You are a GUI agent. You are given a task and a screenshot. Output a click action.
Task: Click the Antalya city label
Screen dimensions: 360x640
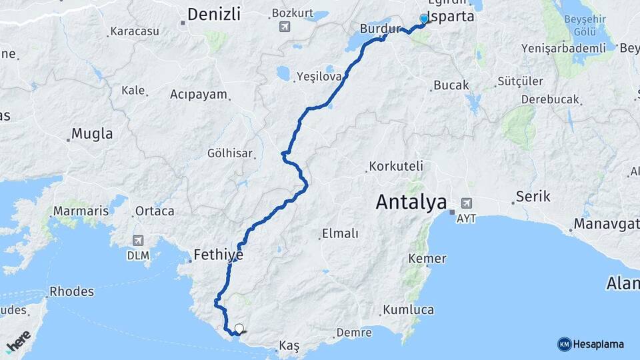pyautogui.click(x=411, y=201)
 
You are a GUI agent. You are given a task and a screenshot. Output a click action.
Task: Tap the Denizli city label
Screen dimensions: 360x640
pyautogui.click(x=213, y=15)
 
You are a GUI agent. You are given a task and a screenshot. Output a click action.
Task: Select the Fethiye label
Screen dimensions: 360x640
pyautogui.click(x=218, y=254)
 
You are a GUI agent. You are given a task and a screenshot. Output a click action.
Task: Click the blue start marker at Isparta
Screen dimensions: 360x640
pyautogui.click(x=424, y=19)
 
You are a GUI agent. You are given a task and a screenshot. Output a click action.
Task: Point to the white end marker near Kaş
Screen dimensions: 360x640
pyautogui.click(x=239, y=328)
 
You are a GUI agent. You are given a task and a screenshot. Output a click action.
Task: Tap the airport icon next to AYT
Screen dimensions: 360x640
pyautogui.click(x=466, y=203)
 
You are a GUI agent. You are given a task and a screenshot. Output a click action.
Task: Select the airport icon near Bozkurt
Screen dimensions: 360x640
pyautogui.click(x=285, y=27)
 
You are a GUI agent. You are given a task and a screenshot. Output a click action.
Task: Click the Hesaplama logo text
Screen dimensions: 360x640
pyautogui.click(x=598, y=344)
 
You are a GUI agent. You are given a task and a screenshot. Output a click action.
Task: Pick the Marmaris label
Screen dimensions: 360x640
pyautogui.click(x=81, y=211)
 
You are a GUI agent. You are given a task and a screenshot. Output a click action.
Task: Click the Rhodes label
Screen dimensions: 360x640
pyautogui.click(x=71, y=292)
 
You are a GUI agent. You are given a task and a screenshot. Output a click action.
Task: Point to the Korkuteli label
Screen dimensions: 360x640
pyautogui.click(x=396, y=165)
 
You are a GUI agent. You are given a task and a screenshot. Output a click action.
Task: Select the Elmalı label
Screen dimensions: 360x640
pyautogui.click(x=340, y=233)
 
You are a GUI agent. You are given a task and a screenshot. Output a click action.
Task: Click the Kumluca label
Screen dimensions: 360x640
pyautogui.click(x=408, y=310)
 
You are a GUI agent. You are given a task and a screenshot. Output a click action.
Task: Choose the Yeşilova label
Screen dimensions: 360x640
pyautogui.click(x=319, y=76)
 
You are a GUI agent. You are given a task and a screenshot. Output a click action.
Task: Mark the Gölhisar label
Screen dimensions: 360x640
pyautogui.click(x=230, y=153)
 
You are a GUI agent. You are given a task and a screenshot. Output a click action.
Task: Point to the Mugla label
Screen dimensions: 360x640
pyautogui.click(x=92, y=133)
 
